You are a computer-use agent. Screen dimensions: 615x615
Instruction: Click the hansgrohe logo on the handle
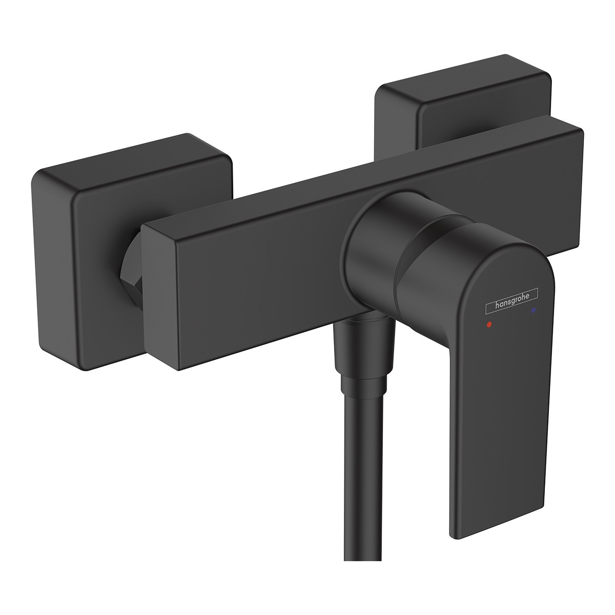511,297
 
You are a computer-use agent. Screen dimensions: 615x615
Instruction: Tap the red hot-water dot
489,324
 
